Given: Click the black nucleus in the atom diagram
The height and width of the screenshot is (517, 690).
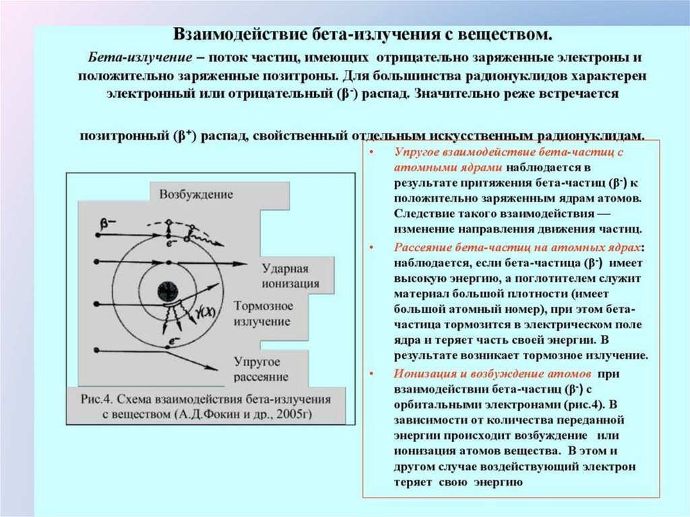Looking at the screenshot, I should pos(168,291).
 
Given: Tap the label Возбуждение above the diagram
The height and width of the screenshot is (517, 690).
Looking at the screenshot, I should pos(196,195).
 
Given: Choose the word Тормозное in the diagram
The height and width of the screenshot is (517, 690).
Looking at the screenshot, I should pos(263,306).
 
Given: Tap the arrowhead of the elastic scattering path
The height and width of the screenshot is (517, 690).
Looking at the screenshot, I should pos(219,369).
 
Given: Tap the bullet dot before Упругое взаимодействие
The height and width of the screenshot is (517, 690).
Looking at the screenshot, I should pos(371,152).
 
